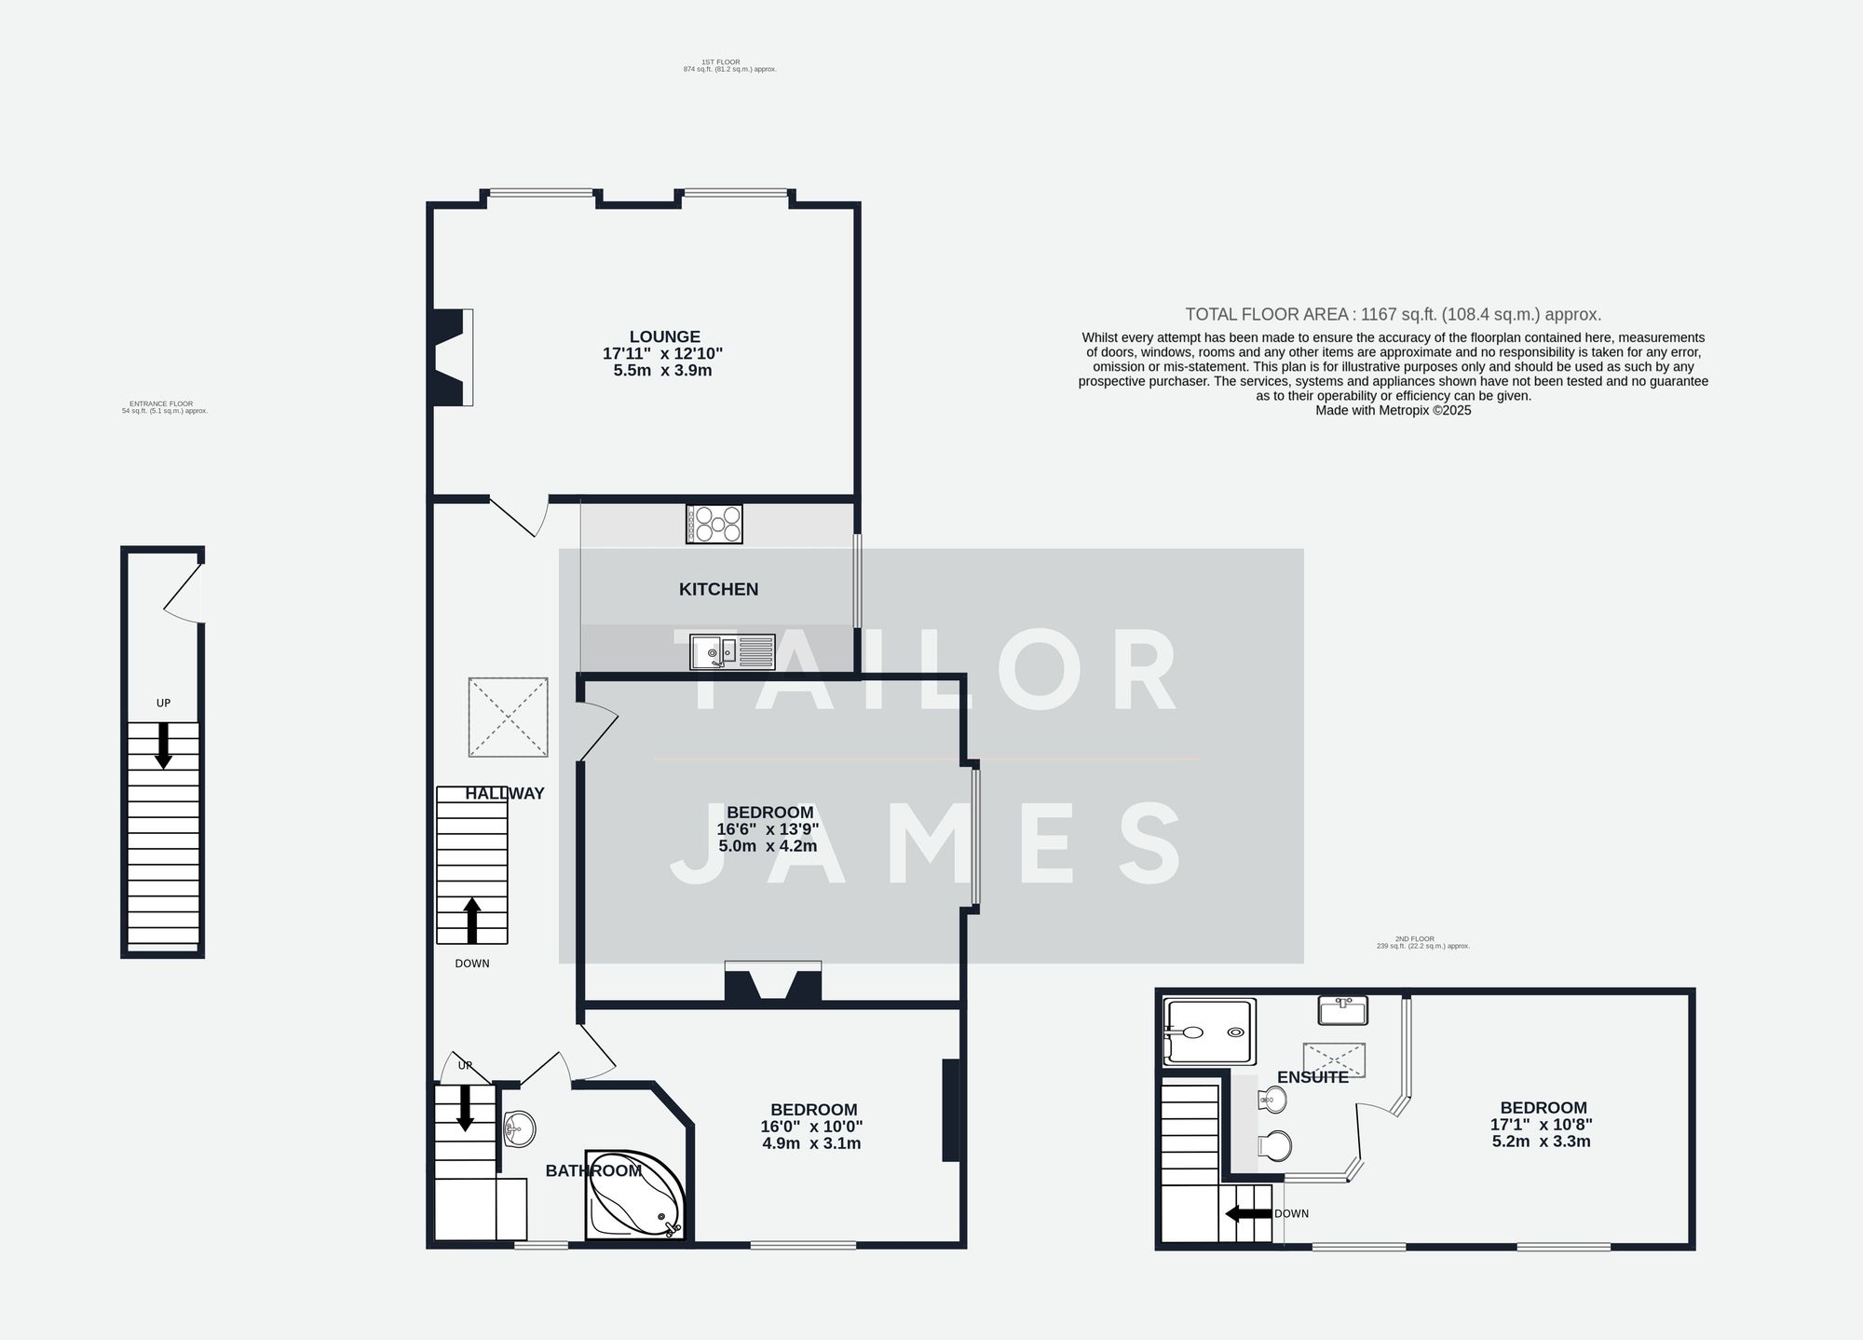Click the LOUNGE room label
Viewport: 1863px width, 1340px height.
point(664,336)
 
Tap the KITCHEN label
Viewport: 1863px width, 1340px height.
point(718,589)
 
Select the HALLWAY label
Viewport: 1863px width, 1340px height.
point(505,794)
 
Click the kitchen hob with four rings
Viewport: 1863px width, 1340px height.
point(714,524)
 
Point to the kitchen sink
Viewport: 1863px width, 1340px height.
point(732,651)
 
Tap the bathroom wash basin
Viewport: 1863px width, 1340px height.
point(518,1128)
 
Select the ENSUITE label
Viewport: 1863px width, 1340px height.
point(1312,1077)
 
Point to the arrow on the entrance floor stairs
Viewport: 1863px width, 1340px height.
point(163,745)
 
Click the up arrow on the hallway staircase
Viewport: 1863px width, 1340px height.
point(471,920)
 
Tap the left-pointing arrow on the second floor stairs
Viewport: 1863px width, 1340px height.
point(1248,1213)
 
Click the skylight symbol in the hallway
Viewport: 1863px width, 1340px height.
point(508,717)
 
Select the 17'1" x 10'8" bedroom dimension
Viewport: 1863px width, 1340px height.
point(1542,1125)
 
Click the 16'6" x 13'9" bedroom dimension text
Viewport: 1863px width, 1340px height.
point(768,829)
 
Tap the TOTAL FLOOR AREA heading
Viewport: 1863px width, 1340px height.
point(1393,315)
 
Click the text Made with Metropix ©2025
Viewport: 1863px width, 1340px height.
point(1393,410)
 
